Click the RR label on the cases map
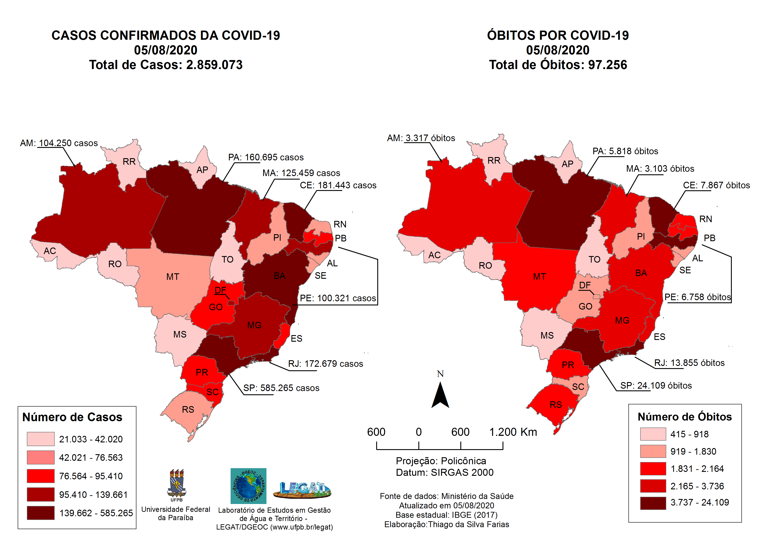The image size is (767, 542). point(129,162)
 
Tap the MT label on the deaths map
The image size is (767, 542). point(539,277)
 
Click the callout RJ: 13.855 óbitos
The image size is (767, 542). point(689,363)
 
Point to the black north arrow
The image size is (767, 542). point(440,395)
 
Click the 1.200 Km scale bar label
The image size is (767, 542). point(513,432)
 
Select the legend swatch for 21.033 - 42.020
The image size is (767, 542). point(40,439)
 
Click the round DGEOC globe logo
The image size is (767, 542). point(248,486)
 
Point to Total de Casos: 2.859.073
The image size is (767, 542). point(166,65)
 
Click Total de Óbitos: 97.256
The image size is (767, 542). point(558,65)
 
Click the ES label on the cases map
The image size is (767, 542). point(296,339)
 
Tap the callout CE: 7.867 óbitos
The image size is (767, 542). point(716,185)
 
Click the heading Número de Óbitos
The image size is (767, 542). point(685,417)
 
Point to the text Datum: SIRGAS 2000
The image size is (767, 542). point(444,473)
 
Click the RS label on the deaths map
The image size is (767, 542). point(556,405)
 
